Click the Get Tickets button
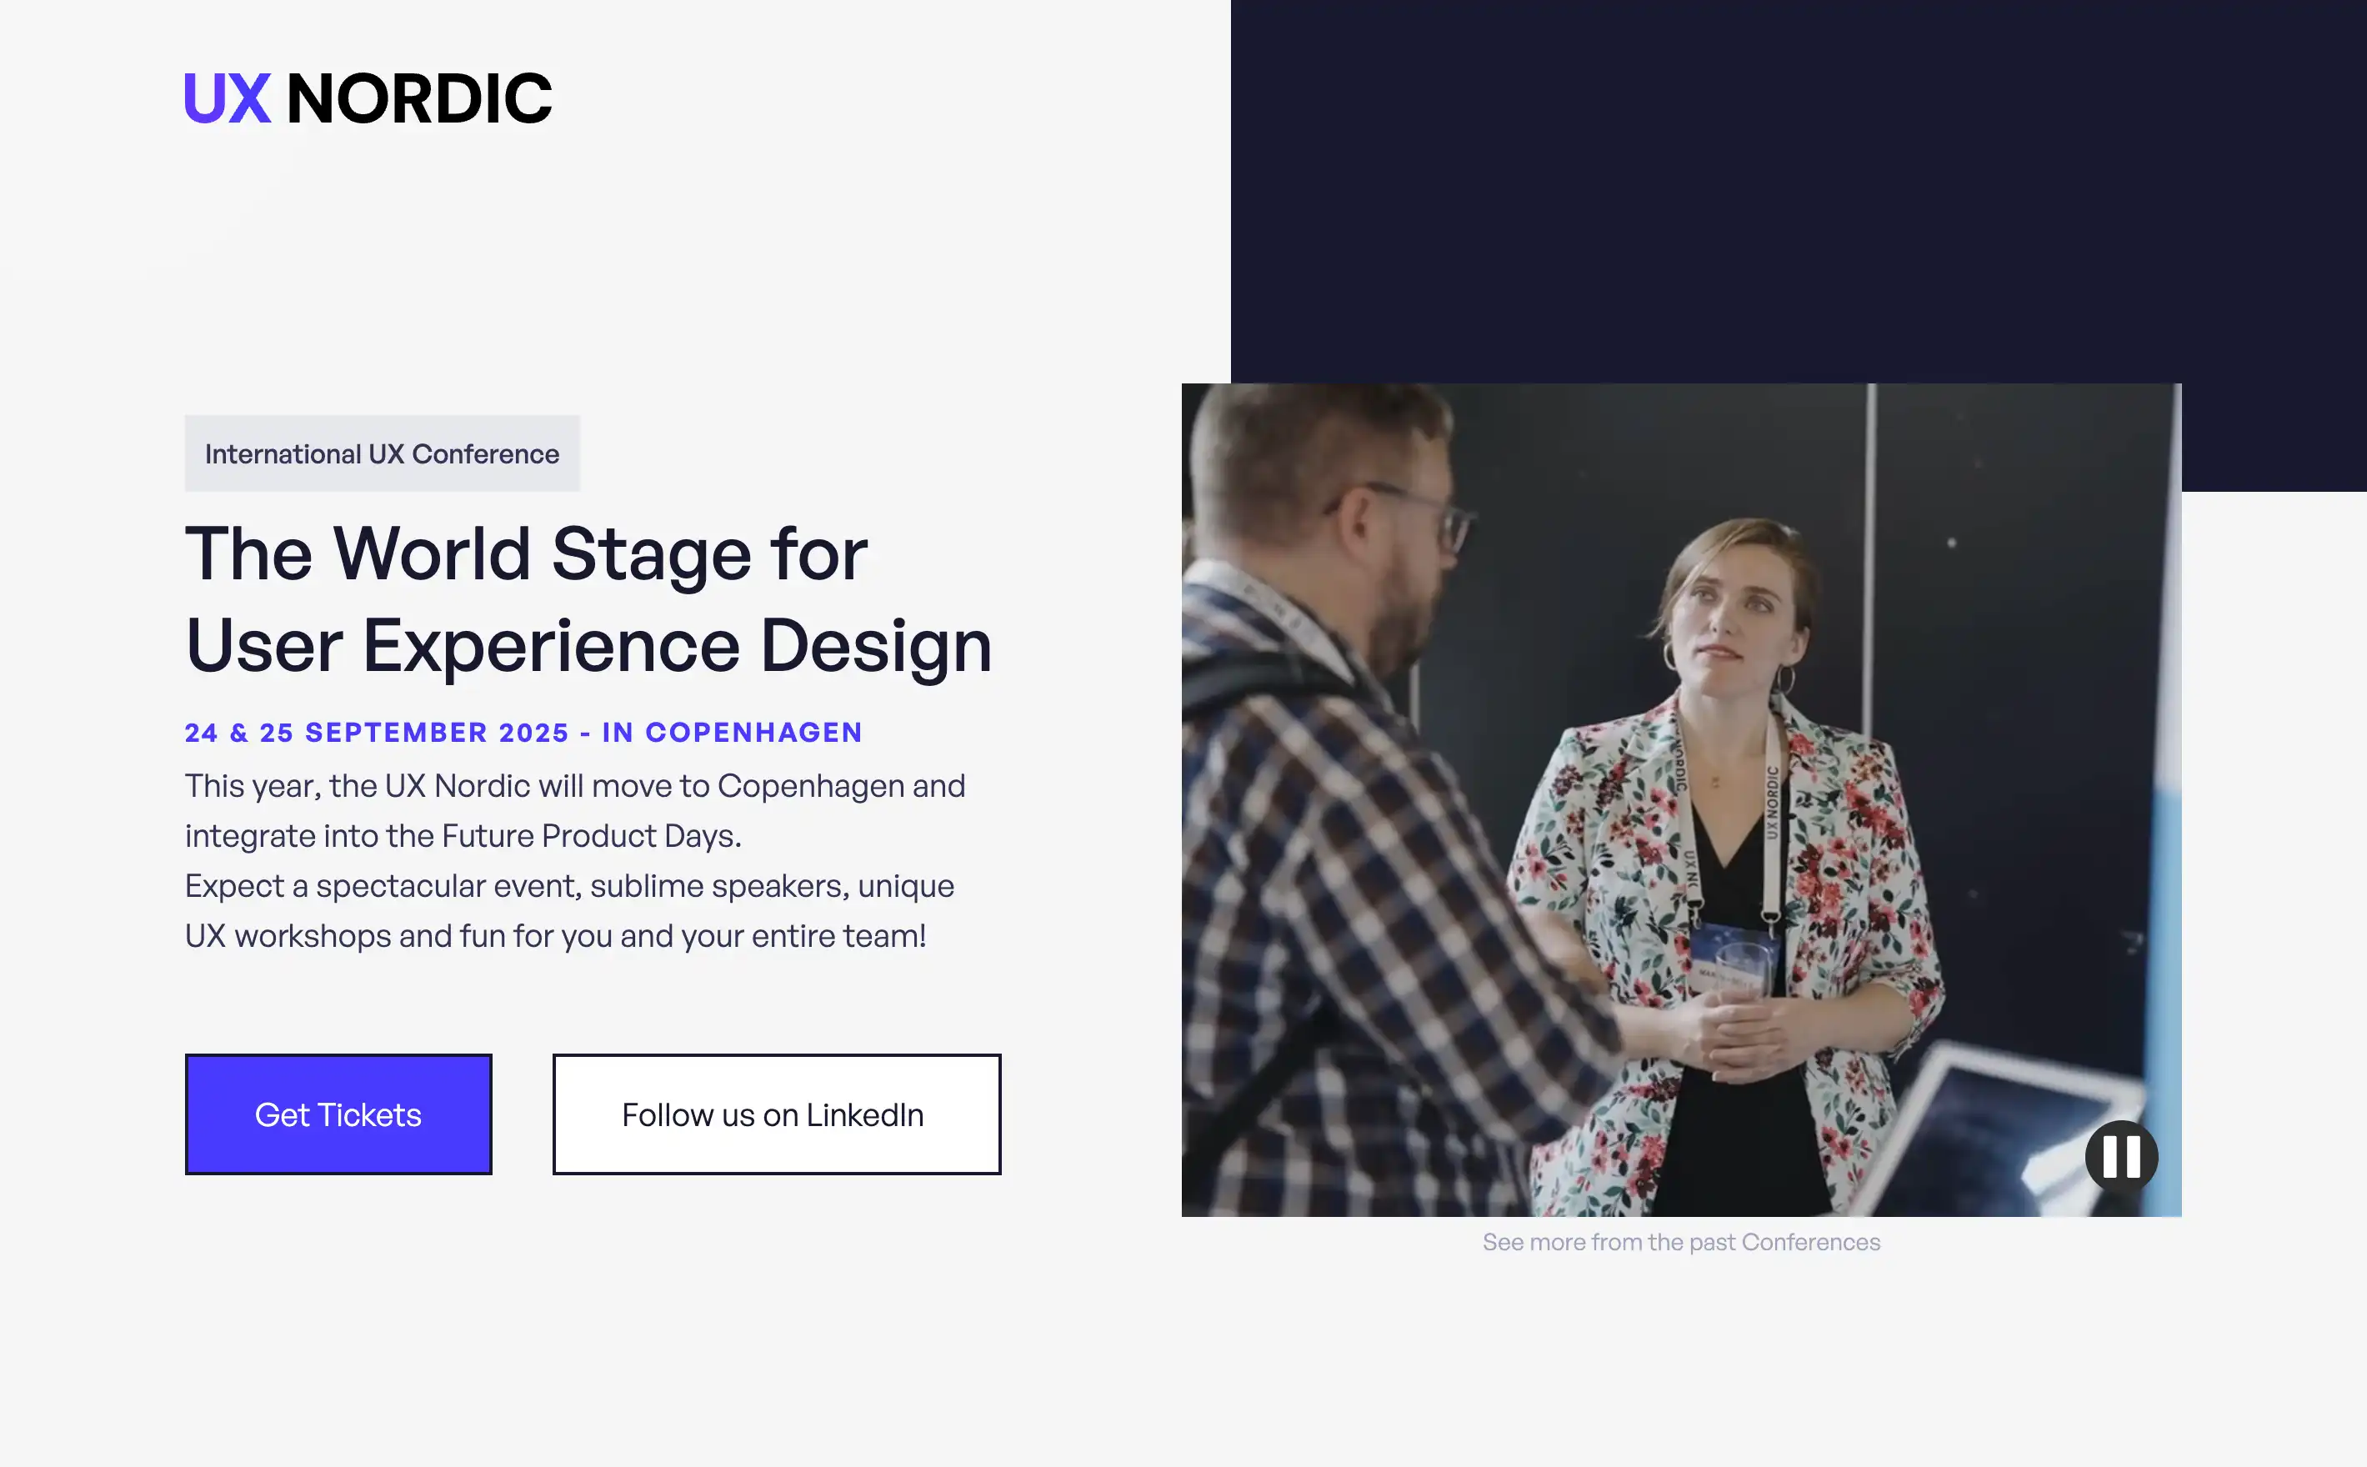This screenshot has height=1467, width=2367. tap(338, 1114)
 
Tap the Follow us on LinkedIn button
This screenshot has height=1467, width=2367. tap(776, 1114)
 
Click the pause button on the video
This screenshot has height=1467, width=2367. tap(2120, 1157)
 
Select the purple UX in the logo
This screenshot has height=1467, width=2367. tap(227, 99)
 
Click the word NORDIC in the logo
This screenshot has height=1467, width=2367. tap(419, 99)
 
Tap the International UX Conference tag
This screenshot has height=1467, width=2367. tap(383, 454)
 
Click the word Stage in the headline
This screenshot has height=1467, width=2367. tap(651, 554)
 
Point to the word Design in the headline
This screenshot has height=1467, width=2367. tap(875, 646)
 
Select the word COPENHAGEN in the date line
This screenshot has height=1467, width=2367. tap(753, 733)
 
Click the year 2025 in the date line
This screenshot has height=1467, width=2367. tap(533, 733)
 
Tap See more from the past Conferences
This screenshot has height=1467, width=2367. tap(1680, 1242)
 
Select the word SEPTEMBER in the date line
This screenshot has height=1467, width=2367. tap(396, 733)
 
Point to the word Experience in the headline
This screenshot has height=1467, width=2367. tap(551, 646)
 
